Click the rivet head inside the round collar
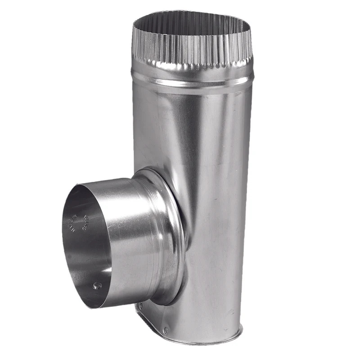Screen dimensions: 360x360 pyautogui.click(x=96, y=285)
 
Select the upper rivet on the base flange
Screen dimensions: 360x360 pyautogui.click(x=139, y=307)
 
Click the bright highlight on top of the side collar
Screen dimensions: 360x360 pyautogui.click(x=112, y=182)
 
